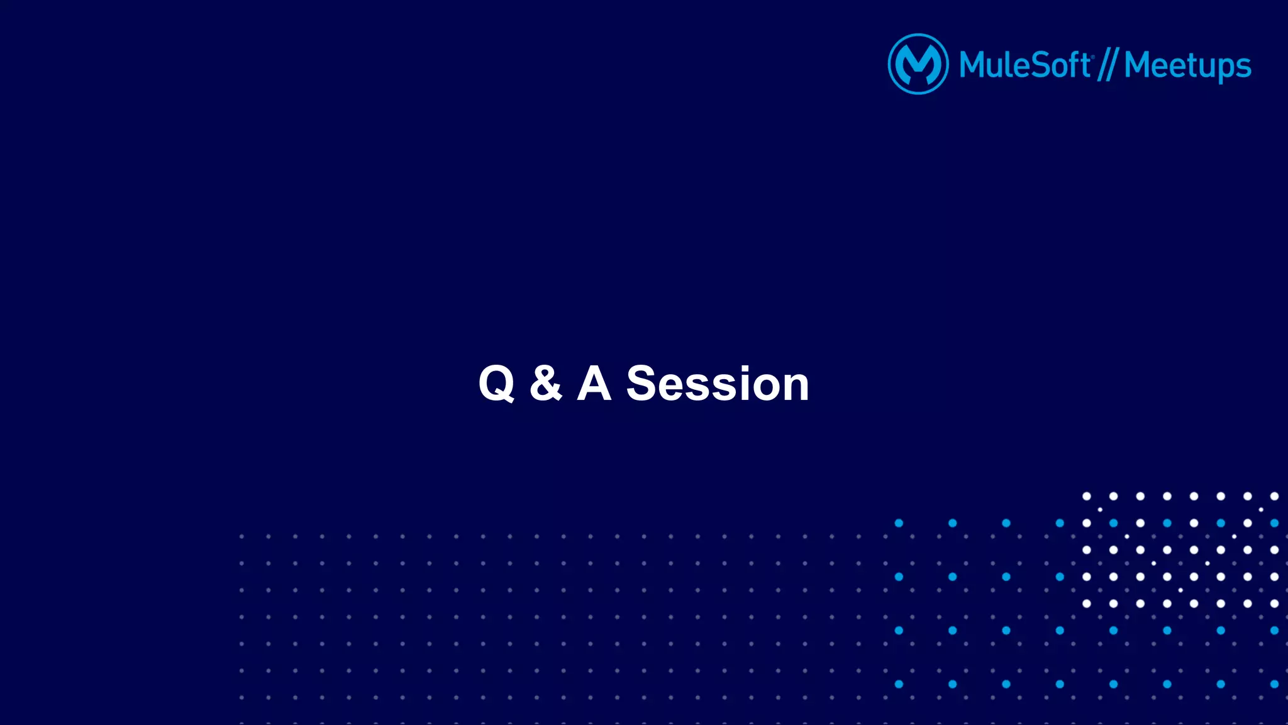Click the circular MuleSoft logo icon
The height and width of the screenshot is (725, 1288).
click(918, 64)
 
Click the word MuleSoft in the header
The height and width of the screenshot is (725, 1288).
click(1024, 65)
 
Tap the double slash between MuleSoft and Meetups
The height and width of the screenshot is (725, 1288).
click(1108, 65)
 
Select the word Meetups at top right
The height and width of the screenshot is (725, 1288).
click(1187, 67)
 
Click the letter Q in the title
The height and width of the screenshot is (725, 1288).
click(496, 384)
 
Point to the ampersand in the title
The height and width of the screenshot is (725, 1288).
click(545, 383)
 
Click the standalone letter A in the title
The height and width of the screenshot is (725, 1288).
click(594, 383)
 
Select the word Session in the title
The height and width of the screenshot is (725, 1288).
click(718, 384)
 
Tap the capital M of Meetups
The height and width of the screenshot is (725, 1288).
click(1140, 65)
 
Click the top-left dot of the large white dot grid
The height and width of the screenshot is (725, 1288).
click(1086, 496)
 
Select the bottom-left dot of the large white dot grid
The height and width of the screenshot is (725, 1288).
click(1086, 604)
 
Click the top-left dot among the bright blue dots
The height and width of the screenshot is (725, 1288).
click(899, 523)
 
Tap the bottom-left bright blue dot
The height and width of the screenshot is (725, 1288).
click(899, 684)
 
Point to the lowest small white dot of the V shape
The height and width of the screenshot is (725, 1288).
click(1180, 590)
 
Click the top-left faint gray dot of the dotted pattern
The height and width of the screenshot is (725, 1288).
click(241, 536)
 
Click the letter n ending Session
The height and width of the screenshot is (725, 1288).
click(796, 385)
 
